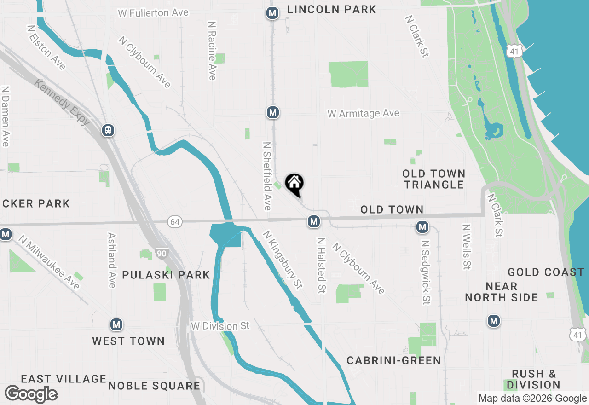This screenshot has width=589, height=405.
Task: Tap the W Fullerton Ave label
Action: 153,13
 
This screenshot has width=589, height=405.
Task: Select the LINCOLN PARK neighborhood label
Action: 332,9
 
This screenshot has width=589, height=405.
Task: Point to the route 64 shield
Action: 174,222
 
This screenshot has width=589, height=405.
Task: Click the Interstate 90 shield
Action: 162,253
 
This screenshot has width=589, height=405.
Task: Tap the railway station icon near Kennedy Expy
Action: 108,130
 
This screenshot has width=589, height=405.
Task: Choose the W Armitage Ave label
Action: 364,113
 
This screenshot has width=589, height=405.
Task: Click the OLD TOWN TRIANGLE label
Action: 433,179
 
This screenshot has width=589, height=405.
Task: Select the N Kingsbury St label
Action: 283,260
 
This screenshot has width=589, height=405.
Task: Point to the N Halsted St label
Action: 321,265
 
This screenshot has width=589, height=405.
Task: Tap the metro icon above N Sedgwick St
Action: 422,226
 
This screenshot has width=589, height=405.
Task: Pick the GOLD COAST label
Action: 546,272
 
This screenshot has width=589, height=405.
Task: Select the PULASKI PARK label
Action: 166,275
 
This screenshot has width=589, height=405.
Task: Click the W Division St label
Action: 220,326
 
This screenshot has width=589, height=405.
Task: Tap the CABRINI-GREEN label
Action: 393,360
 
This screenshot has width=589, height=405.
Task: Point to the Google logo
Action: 31,394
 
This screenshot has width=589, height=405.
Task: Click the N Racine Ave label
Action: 212,50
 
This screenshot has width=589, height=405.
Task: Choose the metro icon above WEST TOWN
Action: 116,325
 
